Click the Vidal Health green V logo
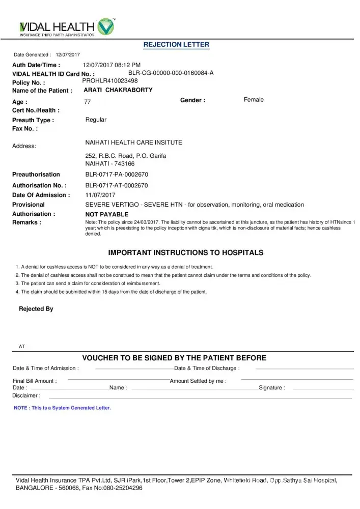click(x=106, y=26)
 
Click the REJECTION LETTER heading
click(x=176, y=44)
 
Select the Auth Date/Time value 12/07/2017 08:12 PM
click(x=112, y=65)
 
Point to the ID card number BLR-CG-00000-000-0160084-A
click(x=171, y=73)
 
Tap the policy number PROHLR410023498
click(x=110, y=80)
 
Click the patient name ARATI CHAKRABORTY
click(x=118, y=90)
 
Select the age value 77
click(x=88, y=102)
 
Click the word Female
click(x=254, y=100)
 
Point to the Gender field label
click(x=192, y=100)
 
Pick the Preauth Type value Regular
click(x=96, y=120)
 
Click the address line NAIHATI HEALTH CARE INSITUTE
click(x=133, y=143)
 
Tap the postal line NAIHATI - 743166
click(x=110, y=164)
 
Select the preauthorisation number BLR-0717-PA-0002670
click(x=117, y=175)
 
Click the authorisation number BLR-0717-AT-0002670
click(x=117, y=186)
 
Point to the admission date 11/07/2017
click(x=100, y=195)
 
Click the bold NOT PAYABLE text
click(x=106, y=215)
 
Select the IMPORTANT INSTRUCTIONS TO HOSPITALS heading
click(x=186, y=252)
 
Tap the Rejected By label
click(x=36, y=309)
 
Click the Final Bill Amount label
click(x=35, y=381)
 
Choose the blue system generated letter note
click(x=62, y=408)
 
